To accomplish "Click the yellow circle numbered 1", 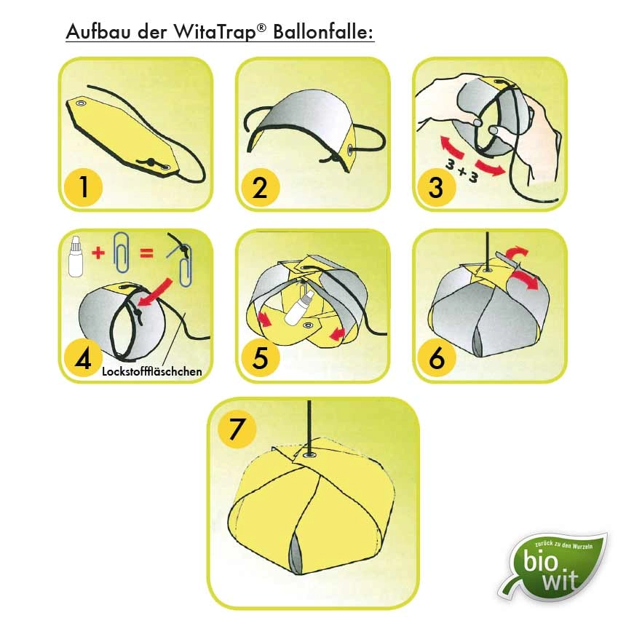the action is click(x=84, y=187).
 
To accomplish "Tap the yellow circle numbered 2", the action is click(x=261, y=187).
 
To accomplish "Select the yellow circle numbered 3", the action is click(x=437, y=187).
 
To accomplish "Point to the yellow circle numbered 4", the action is click(x=84, y=358).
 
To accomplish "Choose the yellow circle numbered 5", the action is click(x=261, y=358).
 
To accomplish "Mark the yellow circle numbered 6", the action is click(x=437, y=358).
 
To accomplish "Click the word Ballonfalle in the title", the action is click(x=323, y=31).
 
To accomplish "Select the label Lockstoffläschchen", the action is click(x=152, y=371).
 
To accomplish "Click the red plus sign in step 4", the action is click(x=98, y=253).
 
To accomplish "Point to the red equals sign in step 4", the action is click(x=146, y=253).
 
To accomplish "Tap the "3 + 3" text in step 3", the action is click(x=463, y=170).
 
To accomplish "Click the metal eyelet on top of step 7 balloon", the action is click(x=309, y=455).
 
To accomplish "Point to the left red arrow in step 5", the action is click(x=265, y=320).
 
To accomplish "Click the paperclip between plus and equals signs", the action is click(x=122, y=253).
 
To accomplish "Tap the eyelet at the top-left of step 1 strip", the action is click(x=82, y=103).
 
